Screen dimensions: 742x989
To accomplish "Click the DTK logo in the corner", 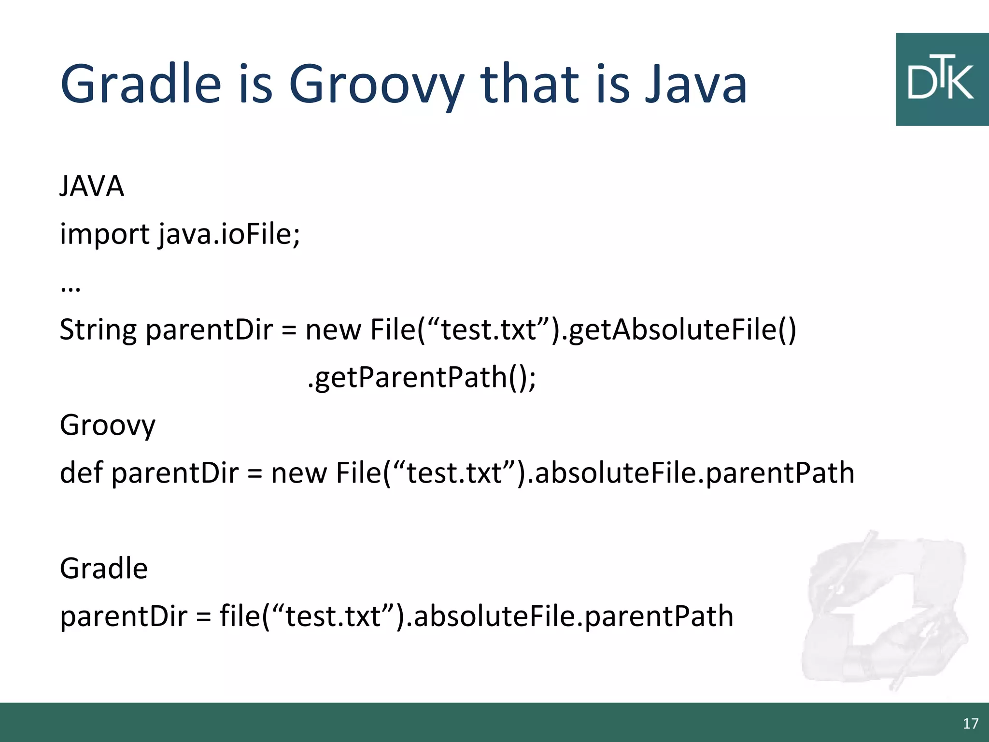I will pyautogui.click(x=941, y=80).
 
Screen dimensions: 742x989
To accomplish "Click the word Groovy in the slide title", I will pyautogui.click(x=376, y=86).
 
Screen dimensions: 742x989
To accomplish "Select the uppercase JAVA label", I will pyautogui.click(x=92, y=186).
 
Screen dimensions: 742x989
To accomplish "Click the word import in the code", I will pyautogui.click(x=104, y=235).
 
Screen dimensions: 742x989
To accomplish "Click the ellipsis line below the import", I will pyautogui.click(x=71, y=289).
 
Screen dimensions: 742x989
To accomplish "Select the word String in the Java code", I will pyautogui.click(x=98, y=331).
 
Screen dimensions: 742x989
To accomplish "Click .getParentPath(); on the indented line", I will pyautogui.click(x=421, y=378).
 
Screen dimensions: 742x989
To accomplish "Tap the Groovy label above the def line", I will pyautogui.click(x=107, y=426).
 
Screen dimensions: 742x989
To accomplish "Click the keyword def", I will pyautogui.click(x=81, y=472).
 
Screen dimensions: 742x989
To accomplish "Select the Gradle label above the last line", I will pyautogui.click(x=103, y=569).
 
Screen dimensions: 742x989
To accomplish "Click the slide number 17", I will pyautogui.click(x=970, y=724).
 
